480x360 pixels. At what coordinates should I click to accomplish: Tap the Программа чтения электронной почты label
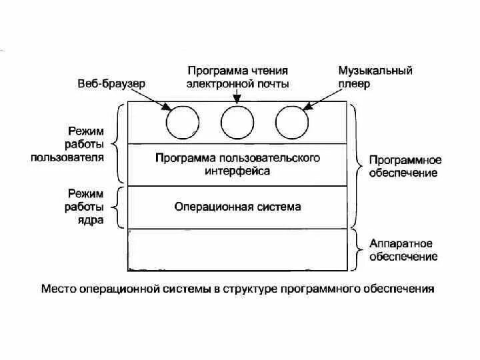(x=238, y=77)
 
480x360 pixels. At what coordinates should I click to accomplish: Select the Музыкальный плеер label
(x=375, y=77)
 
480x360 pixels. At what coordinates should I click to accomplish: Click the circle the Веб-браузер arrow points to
(x=182, y=123)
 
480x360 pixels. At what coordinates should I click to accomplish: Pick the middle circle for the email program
(x=237, y=123)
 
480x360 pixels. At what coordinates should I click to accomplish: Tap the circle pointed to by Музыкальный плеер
(x=292, y=123)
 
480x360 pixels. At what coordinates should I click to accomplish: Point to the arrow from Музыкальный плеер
(x=326, y=98)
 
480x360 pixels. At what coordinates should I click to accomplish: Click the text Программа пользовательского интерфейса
(x=237, y=164)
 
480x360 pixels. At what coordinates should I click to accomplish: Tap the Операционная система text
(x=237, y=207)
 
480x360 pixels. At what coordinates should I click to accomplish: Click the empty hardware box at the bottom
(x=237, y=249)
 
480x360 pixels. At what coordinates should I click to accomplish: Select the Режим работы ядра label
(x=85, y=207)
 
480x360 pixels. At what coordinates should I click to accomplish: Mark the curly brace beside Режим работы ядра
(x=117, y=207)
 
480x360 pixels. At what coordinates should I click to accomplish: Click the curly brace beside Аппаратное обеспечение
(x=357, y=249)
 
